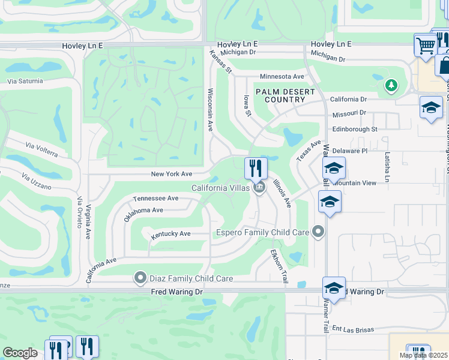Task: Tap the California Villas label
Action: pos(220,188)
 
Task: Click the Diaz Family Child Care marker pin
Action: pos(140,278)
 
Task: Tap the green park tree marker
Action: pos(391,85)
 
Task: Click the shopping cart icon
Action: pos(426,45)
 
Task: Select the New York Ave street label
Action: pos(171,174)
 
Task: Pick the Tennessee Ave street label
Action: pos(155,198)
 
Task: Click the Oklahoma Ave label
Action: pos(143,214)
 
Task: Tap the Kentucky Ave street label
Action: pos(170,234)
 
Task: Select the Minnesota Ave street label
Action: pos(282,77)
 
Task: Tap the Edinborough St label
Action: pos(354,129)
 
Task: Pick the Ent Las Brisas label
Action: pos(354,329)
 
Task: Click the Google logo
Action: pos(20,353)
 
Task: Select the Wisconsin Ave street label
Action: pos(211,110)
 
